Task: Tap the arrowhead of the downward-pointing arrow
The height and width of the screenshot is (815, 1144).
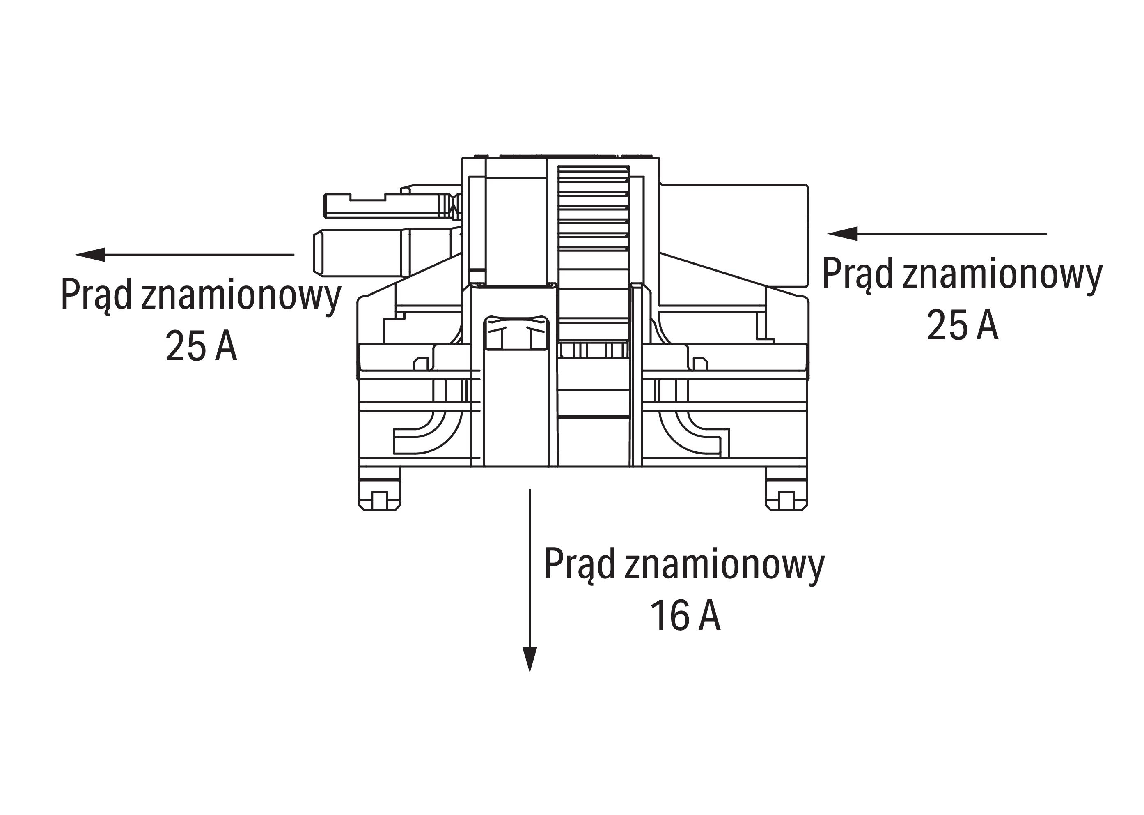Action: [x=530, y=658]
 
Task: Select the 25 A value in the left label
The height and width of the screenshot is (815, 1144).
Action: [x=201, y=346]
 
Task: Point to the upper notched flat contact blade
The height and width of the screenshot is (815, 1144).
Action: [x=386, y=206]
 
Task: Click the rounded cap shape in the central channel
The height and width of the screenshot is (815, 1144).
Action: [x=516, y=332]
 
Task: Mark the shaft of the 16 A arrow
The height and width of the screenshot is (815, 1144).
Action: [x=530, y=567]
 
